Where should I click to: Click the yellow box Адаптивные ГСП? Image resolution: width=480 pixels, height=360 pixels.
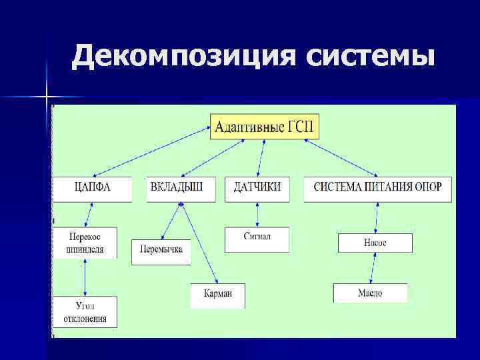[x=265, y=127]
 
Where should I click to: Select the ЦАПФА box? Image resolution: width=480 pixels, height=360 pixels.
[x=92, y=187]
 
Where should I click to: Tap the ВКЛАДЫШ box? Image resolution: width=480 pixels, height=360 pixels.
[x=182, y=187]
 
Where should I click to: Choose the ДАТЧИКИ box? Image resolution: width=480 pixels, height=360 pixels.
[x=257, y=187]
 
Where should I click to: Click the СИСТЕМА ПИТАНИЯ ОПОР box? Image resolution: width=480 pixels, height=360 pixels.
[x=377, y=187]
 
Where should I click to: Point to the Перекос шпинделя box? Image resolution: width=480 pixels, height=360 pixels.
[x=85, y=243]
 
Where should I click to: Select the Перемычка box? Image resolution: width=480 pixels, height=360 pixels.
[x=161, y=252]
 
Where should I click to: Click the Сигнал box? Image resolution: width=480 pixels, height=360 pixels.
[x=257, y=239]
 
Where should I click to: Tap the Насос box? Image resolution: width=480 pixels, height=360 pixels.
[x=375, y=243]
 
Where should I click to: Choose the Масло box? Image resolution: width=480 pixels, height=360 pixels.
[x=370, y=293]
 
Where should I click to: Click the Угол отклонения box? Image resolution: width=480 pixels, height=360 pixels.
[x=85, y=312]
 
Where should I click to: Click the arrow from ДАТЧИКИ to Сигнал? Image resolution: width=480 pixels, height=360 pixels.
[x=257, y=213]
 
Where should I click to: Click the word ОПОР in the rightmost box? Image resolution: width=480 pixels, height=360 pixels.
[x=428, y=187]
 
